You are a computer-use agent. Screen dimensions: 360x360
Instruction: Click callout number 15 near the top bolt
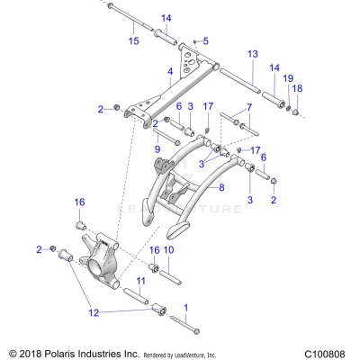133,41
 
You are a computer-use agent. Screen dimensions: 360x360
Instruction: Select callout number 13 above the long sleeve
252,54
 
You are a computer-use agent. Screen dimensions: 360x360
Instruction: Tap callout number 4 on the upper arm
169,71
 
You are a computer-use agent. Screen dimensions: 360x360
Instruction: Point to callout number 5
205,41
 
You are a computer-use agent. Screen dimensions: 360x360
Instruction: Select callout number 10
168,249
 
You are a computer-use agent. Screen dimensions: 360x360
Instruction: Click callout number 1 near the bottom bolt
186,307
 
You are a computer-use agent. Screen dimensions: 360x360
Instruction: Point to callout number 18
297,88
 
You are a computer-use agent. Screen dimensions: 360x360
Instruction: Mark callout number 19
288,80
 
